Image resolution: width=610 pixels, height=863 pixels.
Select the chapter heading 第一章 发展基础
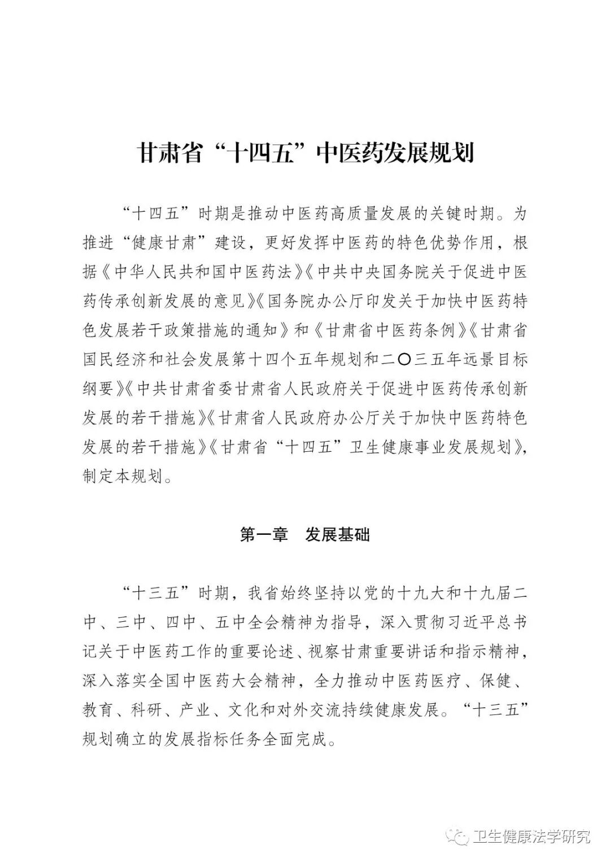[x=305, y=534]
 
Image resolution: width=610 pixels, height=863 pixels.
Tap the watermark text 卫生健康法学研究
[x=530, y=835]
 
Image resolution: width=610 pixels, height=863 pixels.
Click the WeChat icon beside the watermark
[x=457, y=836]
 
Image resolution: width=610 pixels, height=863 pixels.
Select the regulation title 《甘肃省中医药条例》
[x=389, y=330]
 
